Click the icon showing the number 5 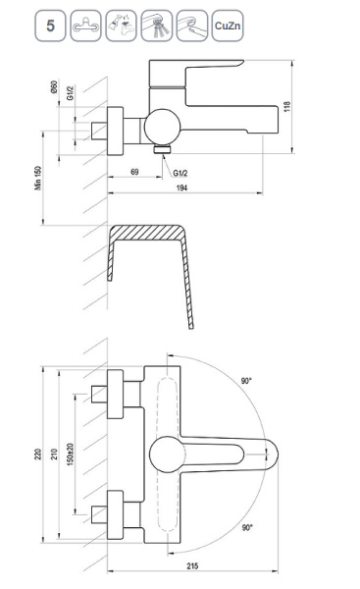pos(50,26)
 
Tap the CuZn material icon pos(228,26)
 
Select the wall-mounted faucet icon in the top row pos(85,26)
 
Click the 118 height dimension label pos(287,107)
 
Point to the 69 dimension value pos(134,172)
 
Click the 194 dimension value pos(181,187)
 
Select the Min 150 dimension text pos(38,178)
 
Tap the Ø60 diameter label pos(54,86)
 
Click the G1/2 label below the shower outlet pos(180,173)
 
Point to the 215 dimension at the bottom pos(192,566)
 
